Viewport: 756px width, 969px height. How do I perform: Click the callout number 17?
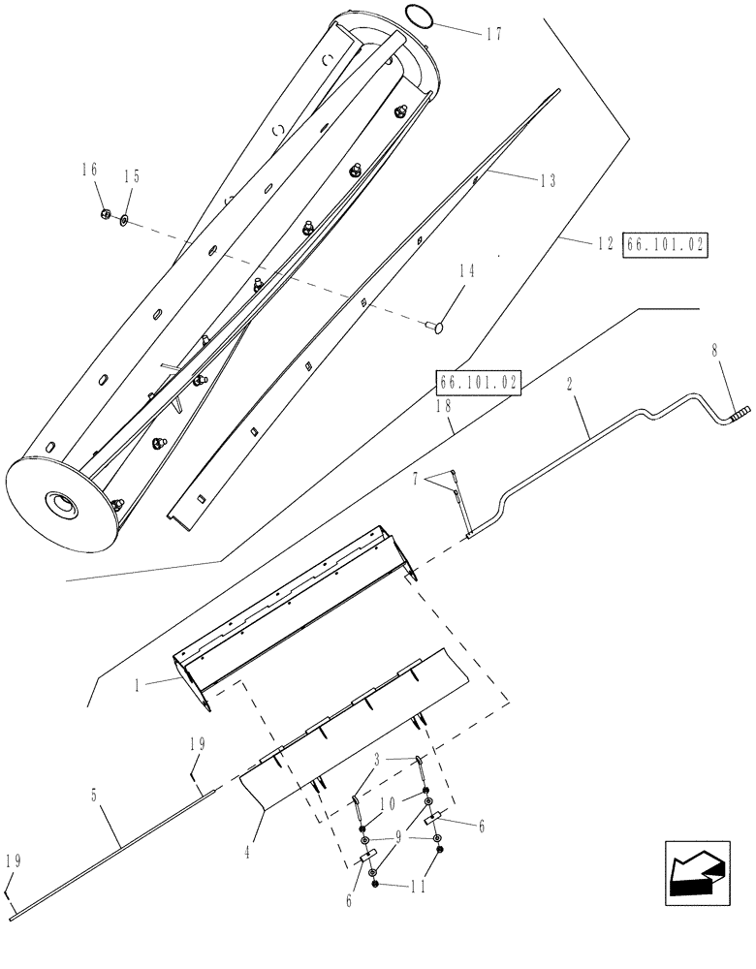click(493, 33)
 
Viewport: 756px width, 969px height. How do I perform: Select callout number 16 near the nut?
click(90, 170)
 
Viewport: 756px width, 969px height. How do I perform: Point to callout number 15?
click(132, 176)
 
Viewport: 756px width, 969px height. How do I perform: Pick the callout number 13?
click(548, 180)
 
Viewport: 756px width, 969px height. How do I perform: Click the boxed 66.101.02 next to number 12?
click(667, 246)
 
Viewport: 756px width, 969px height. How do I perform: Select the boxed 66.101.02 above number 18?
click(479, 383)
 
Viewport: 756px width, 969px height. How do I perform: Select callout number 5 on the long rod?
click(94, 797)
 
